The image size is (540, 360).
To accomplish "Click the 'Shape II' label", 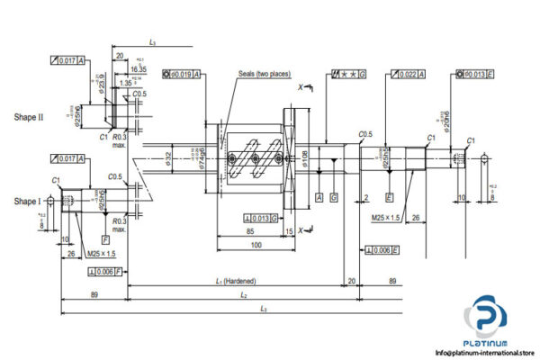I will click(30, 117).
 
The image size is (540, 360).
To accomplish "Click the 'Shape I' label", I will click(28, 201).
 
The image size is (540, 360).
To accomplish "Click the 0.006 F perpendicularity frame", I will click(106, 271).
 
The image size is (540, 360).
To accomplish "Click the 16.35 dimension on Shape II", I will click(138, 68).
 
